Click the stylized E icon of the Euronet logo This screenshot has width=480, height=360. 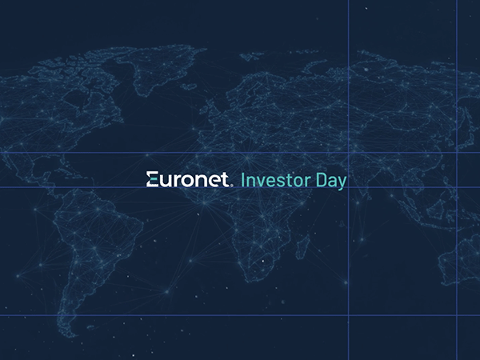tap(153, 180)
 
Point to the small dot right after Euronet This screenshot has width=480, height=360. tap(232, 185)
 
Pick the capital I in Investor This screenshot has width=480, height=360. tap(243, 180)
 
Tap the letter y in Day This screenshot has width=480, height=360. tap(342, 183)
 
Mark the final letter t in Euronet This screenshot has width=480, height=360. tap(226, 180)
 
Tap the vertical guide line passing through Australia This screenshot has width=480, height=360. tap(457, 240)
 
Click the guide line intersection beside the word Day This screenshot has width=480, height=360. tap(349, 187)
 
